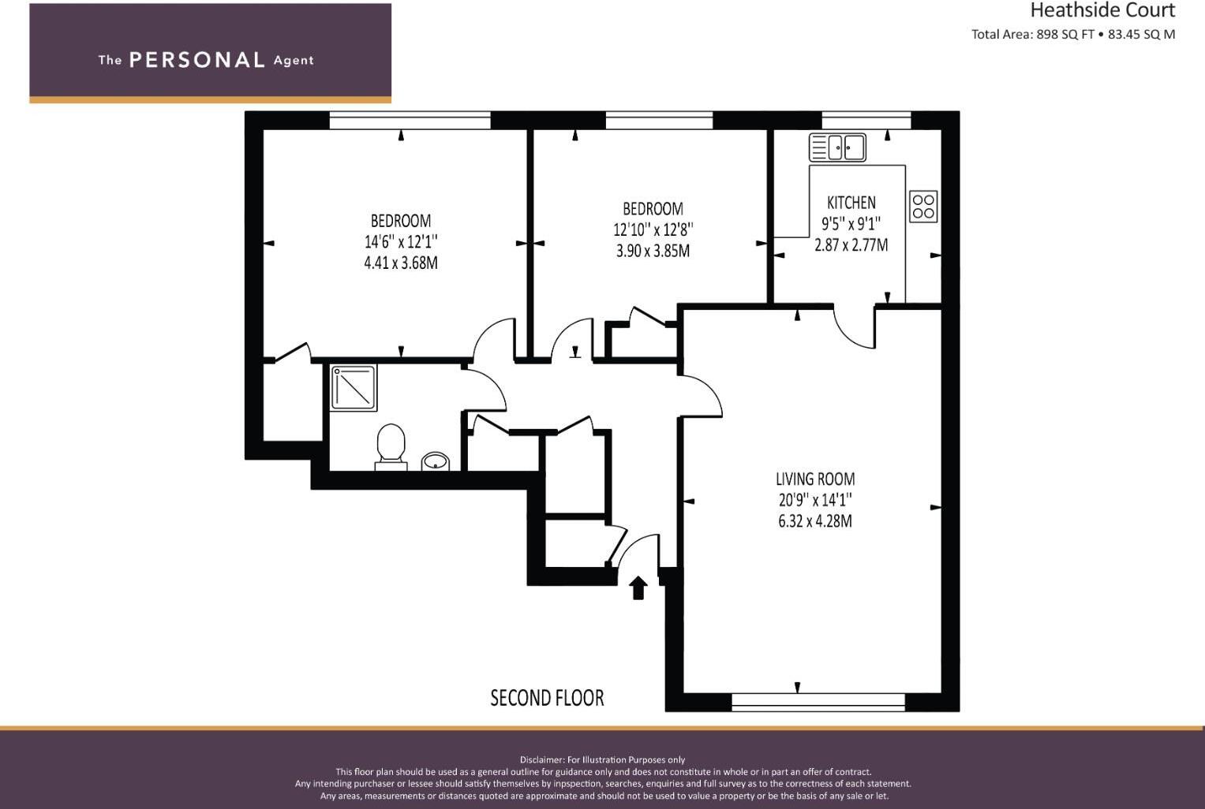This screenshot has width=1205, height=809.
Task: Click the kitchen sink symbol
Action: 837,147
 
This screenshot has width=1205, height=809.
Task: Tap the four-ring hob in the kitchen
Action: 923,206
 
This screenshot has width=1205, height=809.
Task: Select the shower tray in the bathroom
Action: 354,387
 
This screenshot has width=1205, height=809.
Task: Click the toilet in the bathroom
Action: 391,446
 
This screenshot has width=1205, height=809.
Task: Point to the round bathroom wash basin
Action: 435,460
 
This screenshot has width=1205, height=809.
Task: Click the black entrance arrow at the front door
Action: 638,587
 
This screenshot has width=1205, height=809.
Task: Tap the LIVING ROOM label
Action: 815,479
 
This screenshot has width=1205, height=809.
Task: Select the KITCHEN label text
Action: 851,203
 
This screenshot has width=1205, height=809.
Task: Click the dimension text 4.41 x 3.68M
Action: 401,263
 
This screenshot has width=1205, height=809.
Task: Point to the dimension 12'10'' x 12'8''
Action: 653,229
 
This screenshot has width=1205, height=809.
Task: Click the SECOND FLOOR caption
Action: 547,698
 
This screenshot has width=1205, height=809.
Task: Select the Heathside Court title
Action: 1102,11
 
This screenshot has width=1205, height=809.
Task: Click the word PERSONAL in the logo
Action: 196,60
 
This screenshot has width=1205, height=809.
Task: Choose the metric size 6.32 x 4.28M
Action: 815,521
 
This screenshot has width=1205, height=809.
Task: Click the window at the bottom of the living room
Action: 818,702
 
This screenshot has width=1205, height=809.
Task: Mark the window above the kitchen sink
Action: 866,121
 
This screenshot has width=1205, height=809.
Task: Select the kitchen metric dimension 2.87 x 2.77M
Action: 851,245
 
